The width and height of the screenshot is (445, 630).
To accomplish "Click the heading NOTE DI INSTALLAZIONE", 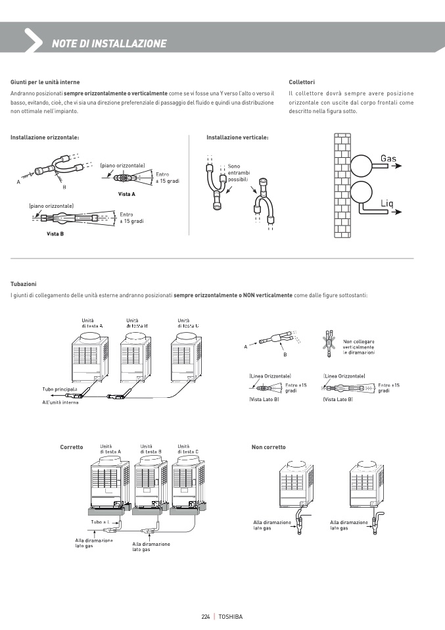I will [x=109, y=44].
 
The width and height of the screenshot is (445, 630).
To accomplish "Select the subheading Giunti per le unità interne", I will [x=45, y=82].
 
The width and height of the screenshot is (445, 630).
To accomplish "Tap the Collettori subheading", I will [x=302, y=82].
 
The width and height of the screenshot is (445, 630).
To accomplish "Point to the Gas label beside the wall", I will [x=388, y=158].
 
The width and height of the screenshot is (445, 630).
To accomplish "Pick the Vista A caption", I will [x=127, y=195].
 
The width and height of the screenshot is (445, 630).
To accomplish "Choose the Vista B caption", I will [x=55, y=234].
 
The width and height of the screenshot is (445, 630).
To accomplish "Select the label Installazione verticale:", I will [x=237, y=137].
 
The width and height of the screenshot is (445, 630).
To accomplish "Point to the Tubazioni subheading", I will [x=24, y=284].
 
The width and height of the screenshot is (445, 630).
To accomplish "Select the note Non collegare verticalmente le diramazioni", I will [x=359, y=347].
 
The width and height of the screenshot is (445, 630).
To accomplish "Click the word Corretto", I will [x=71, y=447].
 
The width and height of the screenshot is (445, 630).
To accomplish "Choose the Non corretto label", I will [x=269, y=447].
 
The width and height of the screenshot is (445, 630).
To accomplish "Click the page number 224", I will [x=205, y=616].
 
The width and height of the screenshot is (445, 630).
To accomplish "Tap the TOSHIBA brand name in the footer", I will [x=230, y=616].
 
